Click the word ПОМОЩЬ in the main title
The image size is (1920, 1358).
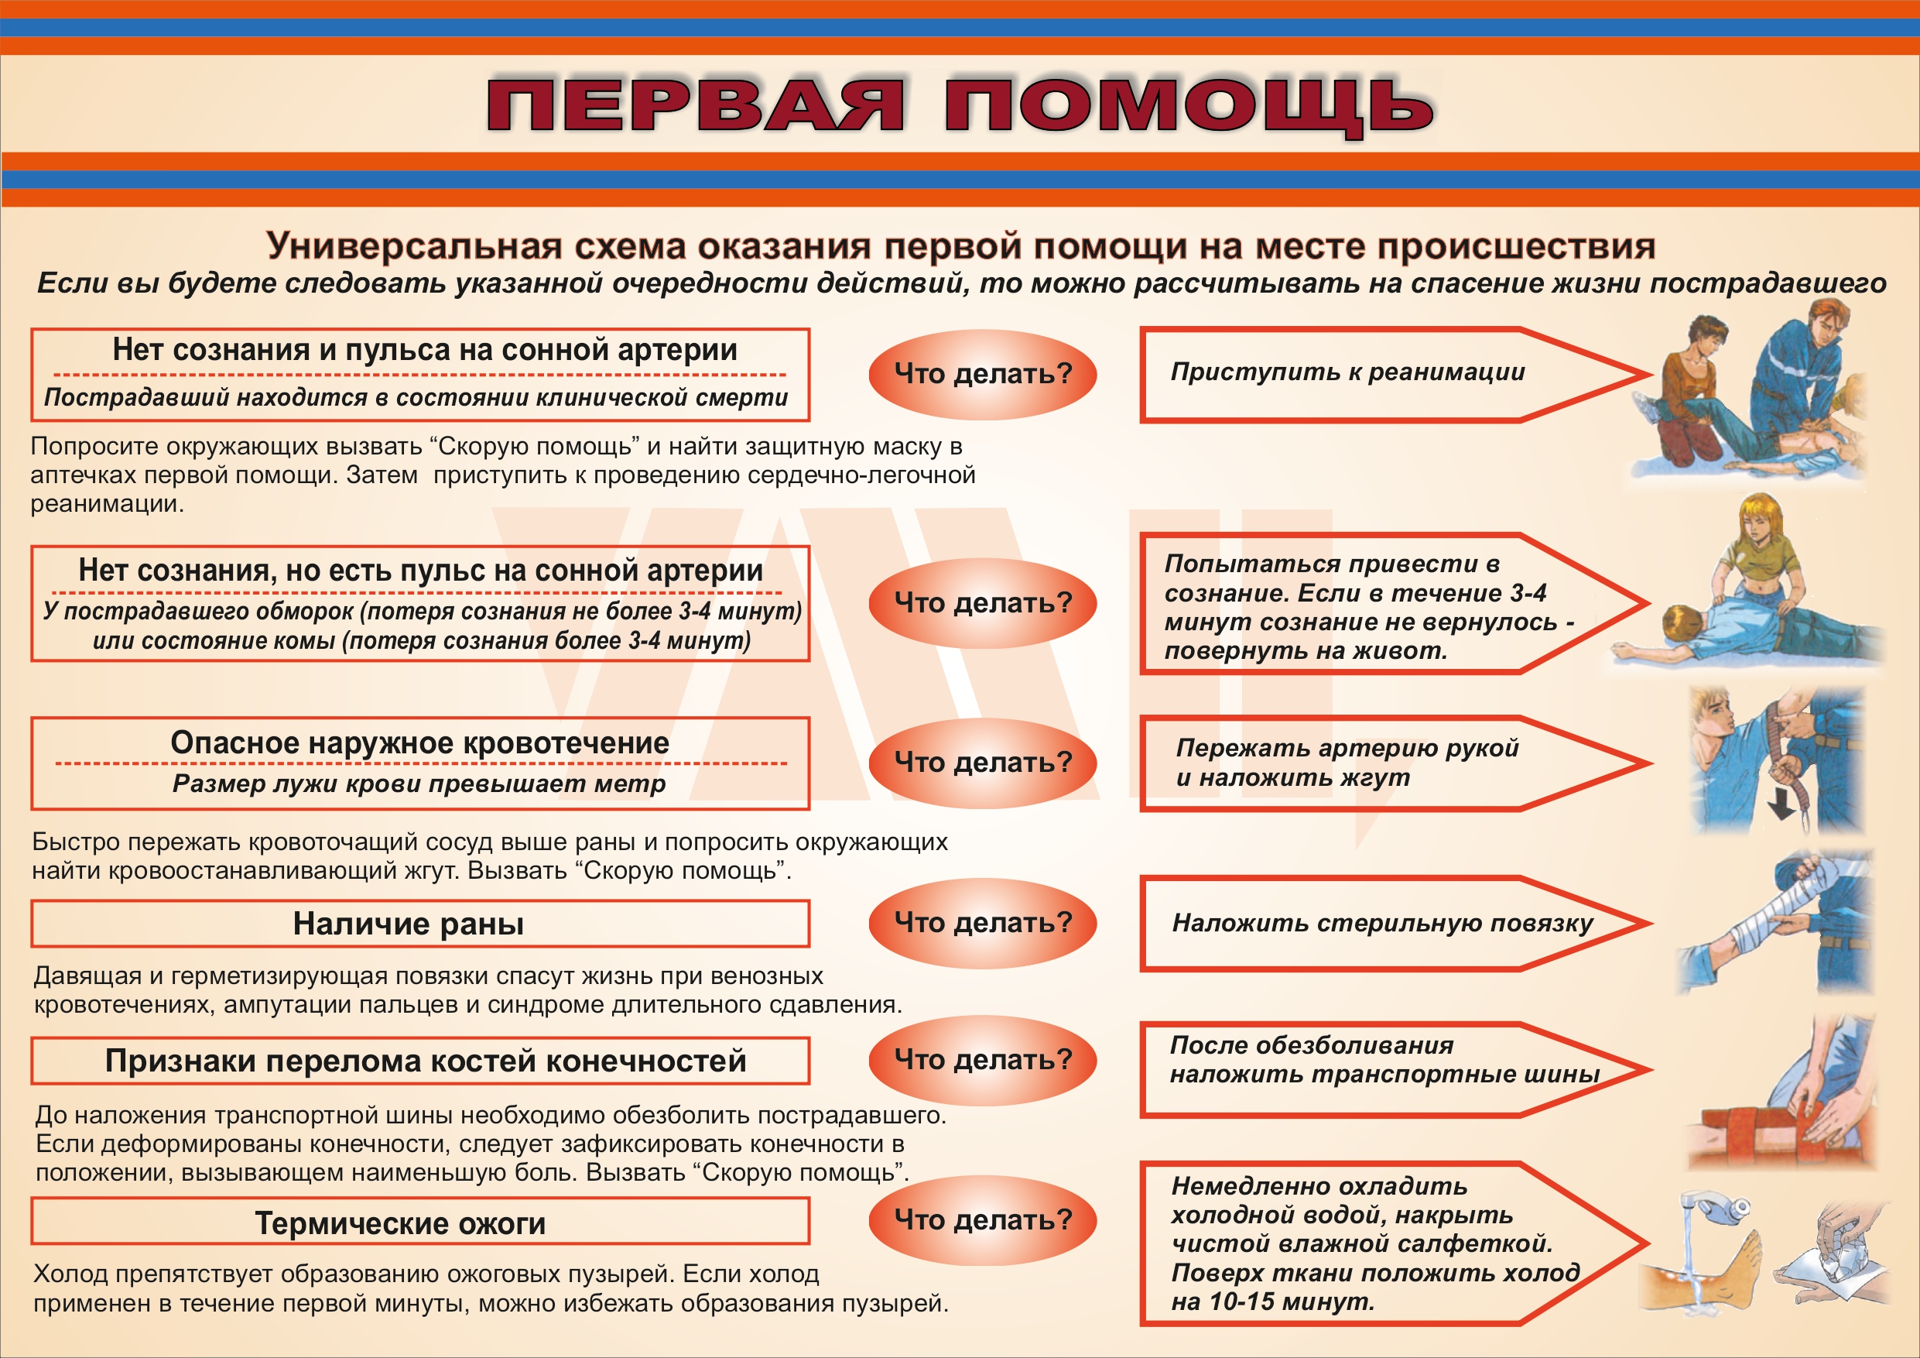(1189, 106)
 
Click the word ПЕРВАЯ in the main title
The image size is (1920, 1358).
(695, 105)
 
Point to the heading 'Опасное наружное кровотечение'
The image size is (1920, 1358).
(419, 742)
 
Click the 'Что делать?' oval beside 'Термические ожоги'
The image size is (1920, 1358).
(983, 1220)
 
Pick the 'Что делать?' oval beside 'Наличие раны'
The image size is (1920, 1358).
(983, 922)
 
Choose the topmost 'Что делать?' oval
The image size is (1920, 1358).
(983, 374)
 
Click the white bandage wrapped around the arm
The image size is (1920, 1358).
(1781, 908)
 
